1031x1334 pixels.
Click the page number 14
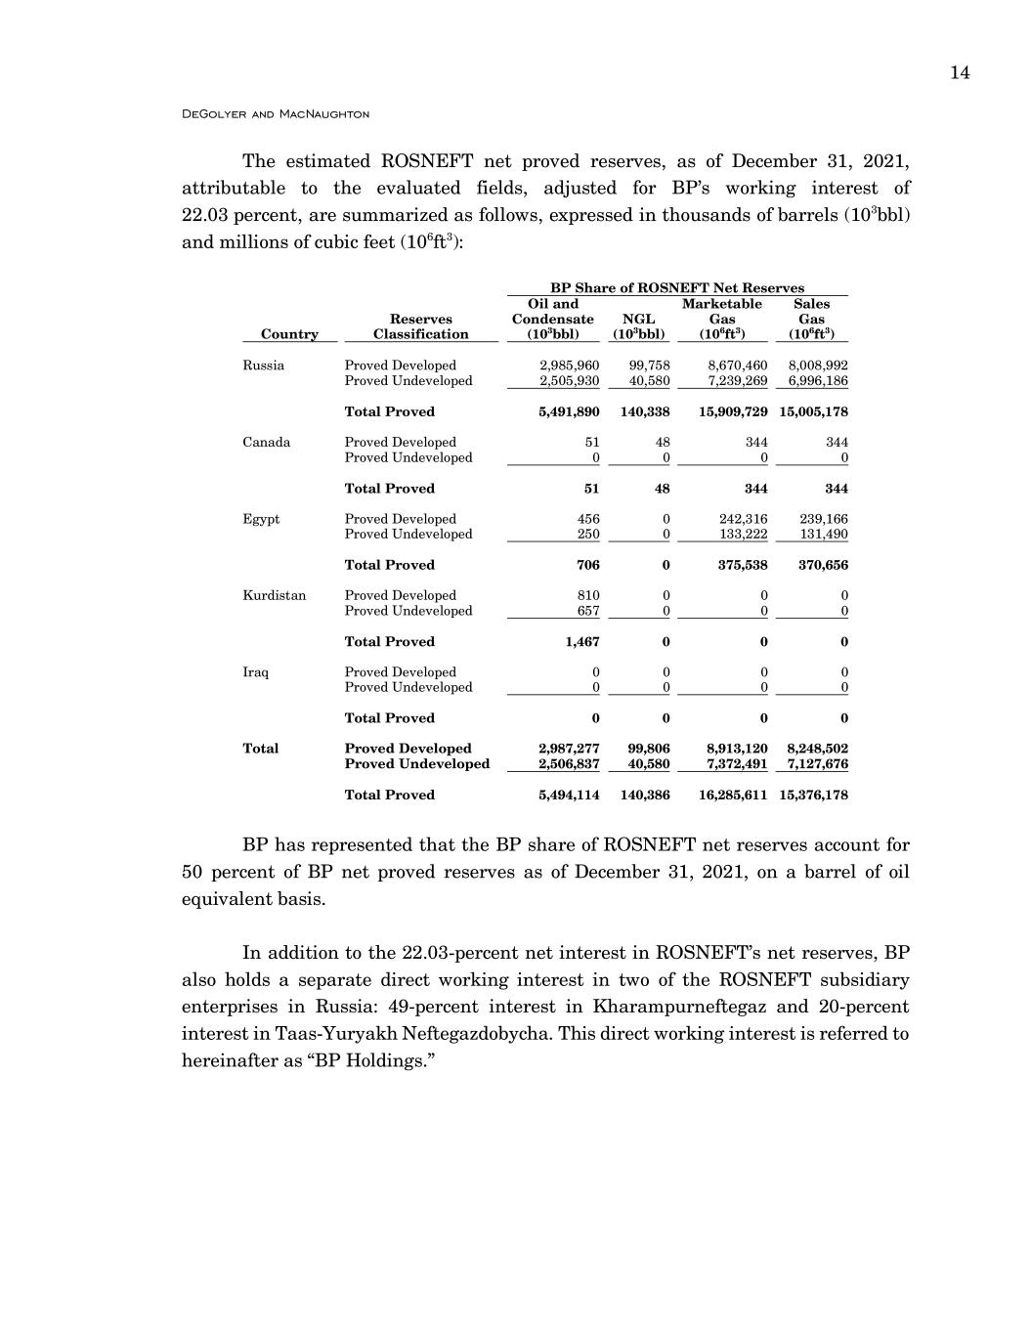[959, 73]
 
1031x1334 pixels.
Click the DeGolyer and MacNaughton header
[276, 114]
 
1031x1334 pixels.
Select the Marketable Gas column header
[722, 319]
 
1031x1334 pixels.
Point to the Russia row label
[264, 366]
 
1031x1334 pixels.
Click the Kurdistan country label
[275, 595]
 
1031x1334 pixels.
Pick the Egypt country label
[261, 519]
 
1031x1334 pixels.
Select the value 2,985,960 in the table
[569, 366]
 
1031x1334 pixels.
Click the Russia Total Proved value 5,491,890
[569, 411]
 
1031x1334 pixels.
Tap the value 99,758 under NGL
[649, 366]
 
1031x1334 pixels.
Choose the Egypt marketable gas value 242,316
[743, 519]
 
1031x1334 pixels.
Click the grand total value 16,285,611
[733, 795]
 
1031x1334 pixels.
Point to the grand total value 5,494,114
[569, 795]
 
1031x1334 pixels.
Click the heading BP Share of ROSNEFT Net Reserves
[677, 287]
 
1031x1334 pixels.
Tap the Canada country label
[267, 442]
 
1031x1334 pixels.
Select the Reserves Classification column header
[421, 326]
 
